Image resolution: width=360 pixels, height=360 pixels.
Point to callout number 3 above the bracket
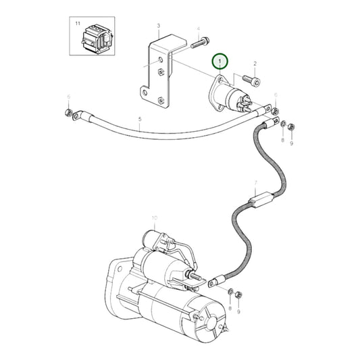pos(158,26)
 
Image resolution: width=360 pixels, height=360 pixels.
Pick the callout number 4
pos(199,29)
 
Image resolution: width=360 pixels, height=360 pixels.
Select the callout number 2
pos(255,63)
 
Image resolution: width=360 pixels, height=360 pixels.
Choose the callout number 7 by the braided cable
pos(255,182)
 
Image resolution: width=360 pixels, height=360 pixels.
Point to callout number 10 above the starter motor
pos(154,217)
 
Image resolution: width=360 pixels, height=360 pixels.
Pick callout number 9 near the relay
pos(291,143)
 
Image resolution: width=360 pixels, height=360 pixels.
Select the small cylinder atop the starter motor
pos(153,238)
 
